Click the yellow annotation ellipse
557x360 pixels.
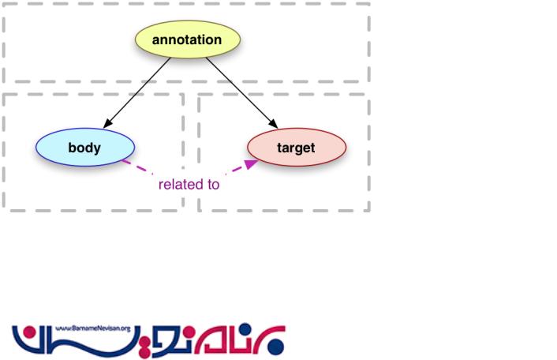click(187, 39)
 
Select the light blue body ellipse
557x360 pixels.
click(84, 147)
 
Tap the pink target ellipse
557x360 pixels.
click(297, 148)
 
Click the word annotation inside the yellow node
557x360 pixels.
click(187, 39)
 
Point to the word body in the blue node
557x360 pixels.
click(84, 148)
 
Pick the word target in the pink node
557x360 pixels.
click(296, 148)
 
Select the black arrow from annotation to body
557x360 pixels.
click(139, 91)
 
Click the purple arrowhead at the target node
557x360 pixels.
click(251, 163)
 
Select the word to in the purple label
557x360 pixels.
click(212, 185)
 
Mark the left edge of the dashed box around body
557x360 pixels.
click(4, 150)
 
